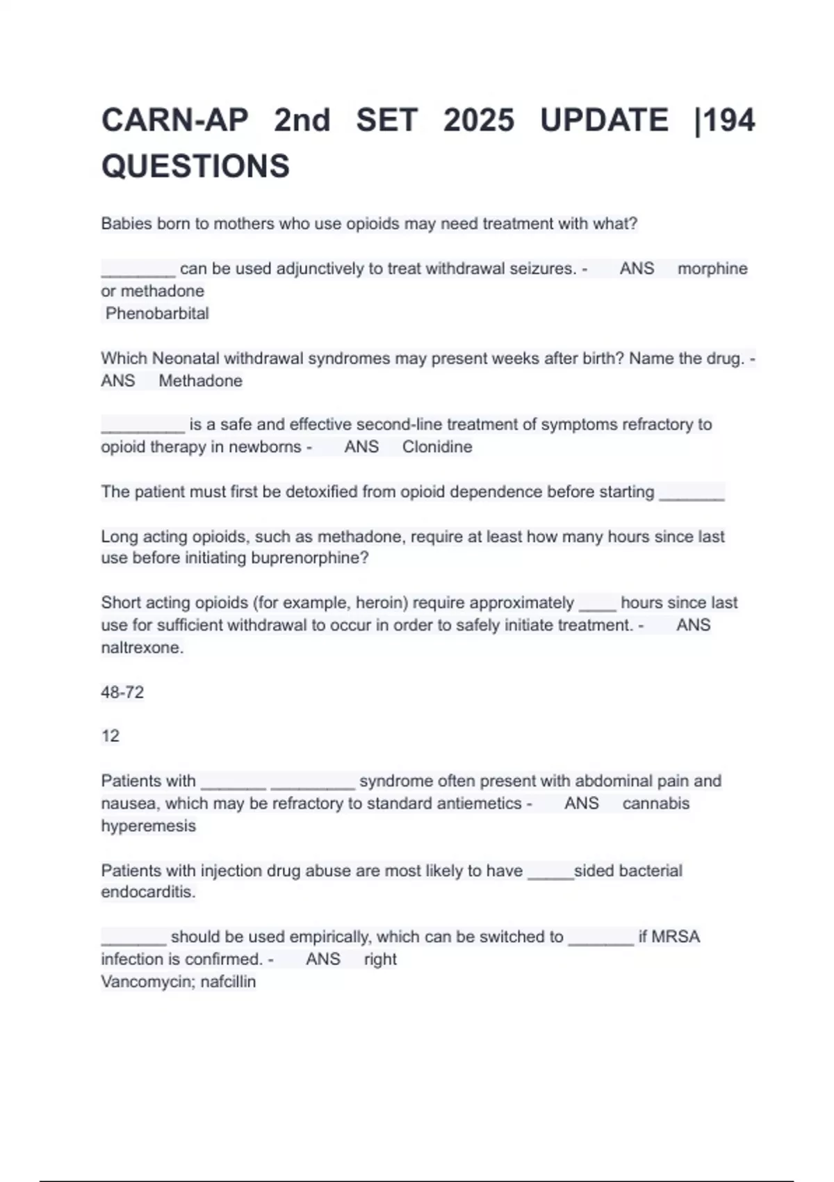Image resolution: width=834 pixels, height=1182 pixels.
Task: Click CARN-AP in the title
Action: pyautogui.click(x=174, y=120)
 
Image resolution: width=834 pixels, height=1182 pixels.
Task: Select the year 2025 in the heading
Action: pyautogui.click(x=479, y=120)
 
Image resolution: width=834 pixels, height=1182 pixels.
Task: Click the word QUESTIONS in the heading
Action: pyautogui.click(x=195, y=166)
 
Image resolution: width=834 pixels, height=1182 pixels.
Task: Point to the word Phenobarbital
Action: pyautogui.click(x=157, y=314)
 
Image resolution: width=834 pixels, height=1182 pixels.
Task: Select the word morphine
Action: pyautogui.click(x=712, y=268)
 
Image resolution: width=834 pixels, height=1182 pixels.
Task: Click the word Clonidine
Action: pyautogui.click(x=437, y=447)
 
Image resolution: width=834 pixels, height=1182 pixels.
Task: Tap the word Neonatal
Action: pyautogui.click(x=186, y=359)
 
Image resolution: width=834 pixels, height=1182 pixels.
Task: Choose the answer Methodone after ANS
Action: pyautogui.click(x=200, y=381)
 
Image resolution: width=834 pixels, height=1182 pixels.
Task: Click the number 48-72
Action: pyautogui.click(x=122, y=693)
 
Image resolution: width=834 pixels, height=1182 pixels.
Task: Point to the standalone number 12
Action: pyautogui.click(x=111, y=736)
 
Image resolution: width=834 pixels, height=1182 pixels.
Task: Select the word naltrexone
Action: pyautogui.click(x=142, y=648)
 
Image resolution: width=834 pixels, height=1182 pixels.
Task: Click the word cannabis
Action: pyautogui.click(x=656, y=804)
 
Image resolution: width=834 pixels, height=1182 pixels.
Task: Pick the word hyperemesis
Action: pyautogui.click(x=149, y=826)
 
